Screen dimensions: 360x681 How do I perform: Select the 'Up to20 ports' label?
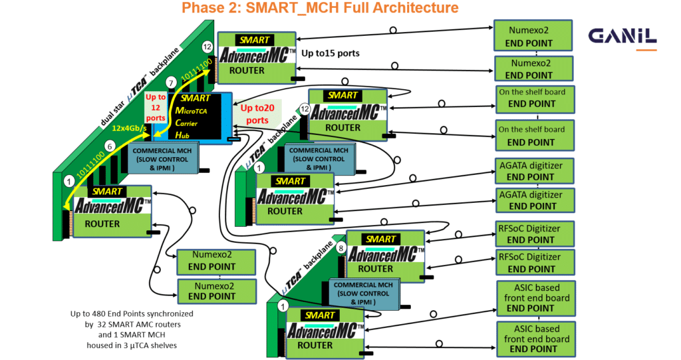pyautogui.click(x=254, y=114)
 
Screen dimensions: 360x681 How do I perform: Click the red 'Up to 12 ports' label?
pyautogui.click(x=155, y=106)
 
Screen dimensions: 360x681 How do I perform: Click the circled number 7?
pyautogui.click(x=172, y=82)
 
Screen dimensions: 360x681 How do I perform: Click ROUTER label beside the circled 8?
pyautogui.click(x=376, y=269)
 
